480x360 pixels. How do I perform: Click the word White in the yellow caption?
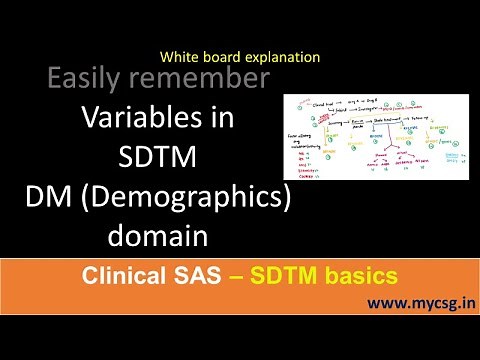(x=177, y=58)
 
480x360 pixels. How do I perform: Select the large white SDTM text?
(x=157, y=157)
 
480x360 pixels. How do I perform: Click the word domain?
(x=157, y=237)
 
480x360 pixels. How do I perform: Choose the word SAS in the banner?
(x=199, y=273)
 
